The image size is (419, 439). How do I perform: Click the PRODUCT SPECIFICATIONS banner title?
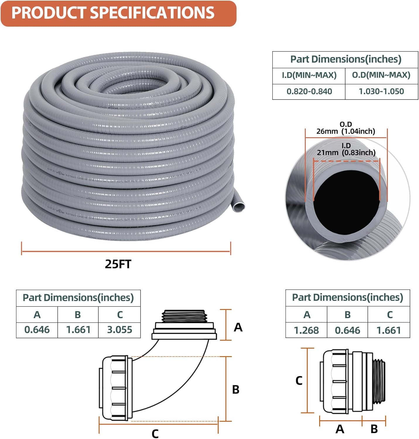[x=113, y=13]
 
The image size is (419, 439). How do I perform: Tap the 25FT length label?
[x=118, y=264]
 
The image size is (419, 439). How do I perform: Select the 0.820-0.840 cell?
[x=309, y=92]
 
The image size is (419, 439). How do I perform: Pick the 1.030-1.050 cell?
[x=381, y=92]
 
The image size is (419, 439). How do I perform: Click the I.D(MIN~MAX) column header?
[x=309, y=75]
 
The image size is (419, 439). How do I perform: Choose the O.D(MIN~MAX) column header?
[x=381, y=75]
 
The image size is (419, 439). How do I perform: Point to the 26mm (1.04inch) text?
[x=346, y=131]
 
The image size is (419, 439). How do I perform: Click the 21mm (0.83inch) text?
[x=346, y=152]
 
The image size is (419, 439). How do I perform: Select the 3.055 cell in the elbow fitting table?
[x=119, y=330]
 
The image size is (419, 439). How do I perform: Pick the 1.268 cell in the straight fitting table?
[x=306, y=330]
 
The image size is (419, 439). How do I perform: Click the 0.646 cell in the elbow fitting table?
[x=37, y=330]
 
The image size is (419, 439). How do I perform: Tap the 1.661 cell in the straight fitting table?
[x=389, y=330]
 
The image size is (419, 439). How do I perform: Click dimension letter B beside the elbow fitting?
[x=236, y=390]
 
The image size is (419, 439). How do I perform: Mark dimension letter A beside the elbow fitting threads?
[x=238, y=327]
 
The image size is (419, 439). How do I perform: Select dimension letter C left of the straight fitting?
[x=299, y=380]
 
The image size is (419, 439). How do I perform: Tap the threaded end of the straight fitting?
[x=379, y=380]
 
